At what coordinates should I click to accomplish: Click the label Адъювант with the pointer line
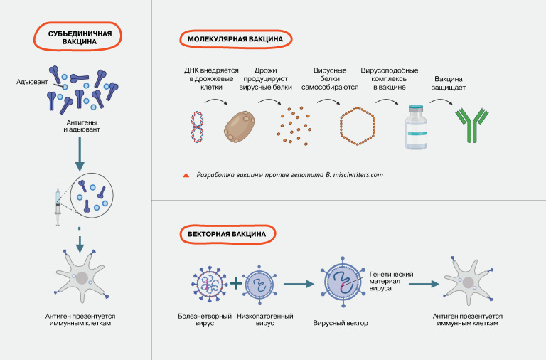point(32,83)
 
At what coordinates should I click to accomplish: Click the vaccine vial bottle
point(415,126)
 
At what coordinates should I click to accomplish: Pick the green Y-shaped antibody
point(466,126)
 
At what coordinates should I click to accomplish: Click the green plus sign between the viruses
point(235,284)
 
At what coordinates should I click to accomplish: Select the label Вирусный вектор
point(336,323)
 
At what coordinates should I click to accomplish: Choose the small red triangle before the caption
point(186,174)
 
